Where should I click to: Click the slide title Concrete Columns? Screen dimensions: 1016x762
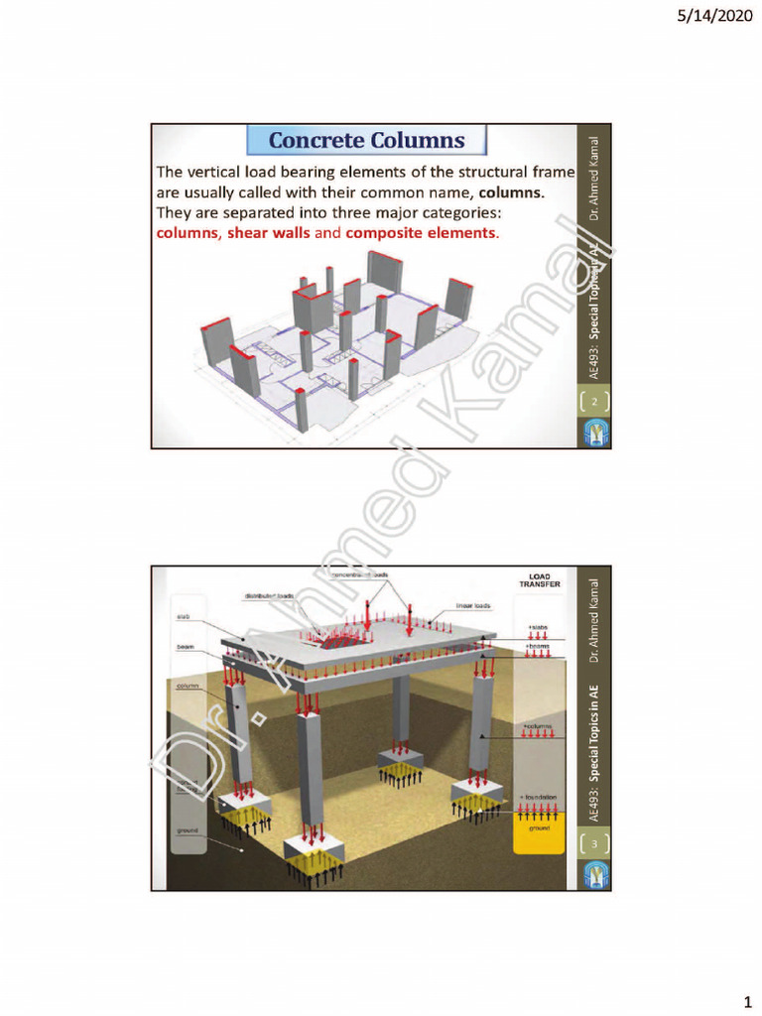pyautogui.click(x=366, y=140)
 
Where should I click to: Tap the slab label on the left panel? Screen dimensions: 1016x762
pyautogui.click(x=185, y=617)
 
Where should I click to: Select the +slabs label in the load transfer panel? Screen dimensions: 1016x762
pyautogui.click(x=539, y=627)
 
